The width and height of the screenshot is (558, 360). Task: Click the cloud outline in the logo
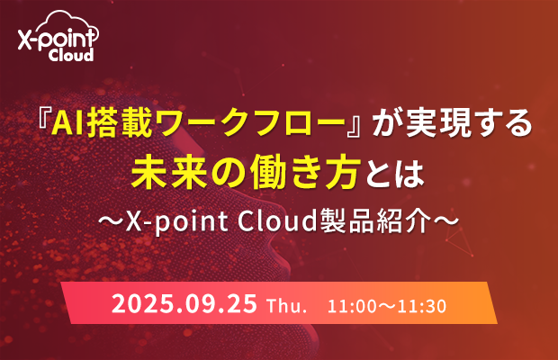point(67,16)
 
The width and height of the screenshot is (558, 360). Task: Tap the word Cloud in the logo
point(71,55)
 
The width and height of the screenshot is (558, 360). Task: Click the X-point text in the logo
point(58,39)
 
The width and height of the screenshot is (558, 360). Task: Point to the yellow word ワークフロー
point(250,124)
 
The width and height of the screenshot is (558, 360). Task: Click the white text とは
point(392,174)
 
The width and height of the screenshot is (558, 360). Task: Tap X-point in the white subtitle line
point(177,222)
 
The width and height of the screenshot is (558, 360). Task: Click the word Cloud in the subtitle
point(277,221)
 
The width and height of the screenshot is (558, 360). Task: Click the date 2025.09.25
point(184,303)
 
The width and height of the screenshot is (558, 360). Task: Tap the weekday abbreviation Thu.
point(287,306)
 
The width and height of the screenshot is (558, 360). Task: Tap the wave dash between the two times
point(386,306)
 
